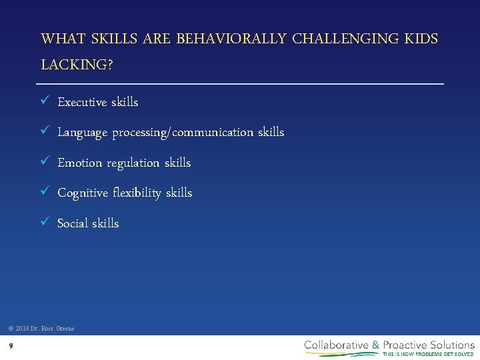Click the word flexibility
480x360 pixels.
point(137,193)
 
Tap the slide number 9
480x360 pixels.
point(11,345)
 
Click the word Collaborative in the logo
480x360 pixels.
point(337,345)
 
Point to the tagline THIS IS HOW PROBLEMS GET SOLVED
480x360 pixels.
point(428,354)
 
